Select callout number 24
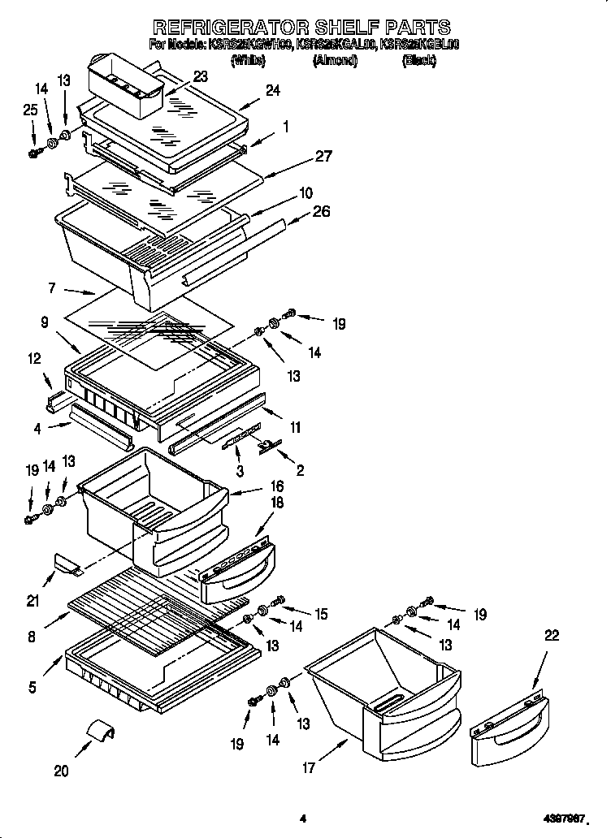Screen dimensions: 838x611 coord(272,91)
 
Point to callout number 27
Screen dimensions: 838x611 coord(323,158)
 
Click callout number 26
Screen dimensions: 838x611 coord(323,212)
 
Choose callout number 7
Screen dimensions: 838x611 coord(51,288)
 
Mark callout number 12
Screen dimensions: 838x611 coord(34,358)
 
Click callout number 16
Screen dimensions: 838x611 coord(276,486)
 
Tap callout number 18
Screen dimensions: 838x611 coord(276,504)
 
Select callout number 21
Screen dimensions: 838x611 coord(33,601)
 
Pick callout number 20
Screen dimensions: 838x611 coord(61,771)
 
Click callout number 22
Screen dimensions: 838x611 coord(551,637)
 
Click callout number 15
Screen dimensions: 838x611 coord(321,615)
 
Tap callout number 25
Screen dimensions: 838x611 coord(30,110)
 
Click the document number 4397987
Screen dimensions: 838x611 coord(562,819)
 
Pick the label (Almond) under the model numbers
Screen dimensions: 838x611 coord(335,61)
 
